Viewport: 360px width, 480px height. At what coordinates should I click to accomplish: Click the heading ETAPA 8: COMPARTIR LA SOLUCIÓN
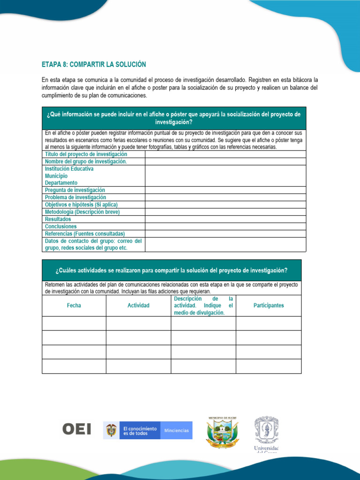(94, 64)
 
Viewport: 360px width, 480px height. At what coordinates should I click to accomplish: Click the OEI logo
(76, 429)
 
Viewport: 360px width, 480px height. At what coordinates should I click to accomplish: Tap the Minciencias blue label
(176, 430)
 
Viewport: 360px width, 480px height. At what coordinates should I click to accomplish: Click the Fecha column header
(74, 306)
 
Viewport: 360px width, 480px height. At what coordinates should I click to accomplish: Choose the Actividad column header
(138, 306)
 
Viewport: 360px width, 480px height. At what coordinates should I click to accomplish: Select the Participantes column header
(269, 306)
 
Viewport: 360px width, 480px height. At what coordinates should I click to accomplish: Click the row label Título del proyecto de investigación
(86, 154)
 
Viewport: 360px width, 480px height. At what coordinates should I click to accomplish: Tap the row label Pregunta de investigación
(75, 190)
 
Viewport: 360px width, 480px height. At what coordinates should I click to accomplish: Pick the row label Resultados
(58, 219)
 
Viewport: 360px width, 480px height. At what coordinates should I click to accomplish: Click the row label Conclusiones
(61, 226)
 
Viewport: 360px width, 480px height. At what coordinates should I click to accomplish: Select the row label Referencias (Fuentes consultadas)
(85, 233)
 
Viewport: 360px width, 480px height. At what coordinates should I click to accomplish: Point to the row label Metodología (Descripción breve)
(82, 212)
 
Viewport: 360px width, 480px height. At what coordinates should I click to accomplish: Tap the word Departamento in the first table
(61, 183)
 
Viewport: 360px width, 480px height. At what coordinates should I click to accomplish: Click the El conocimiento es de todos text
(140, 431)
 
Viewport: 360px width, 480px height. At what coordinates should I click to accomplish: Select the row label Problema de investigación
(75, 197)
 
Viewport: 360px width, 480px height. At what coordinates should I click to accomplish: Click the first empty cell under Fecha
(74, 323)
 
